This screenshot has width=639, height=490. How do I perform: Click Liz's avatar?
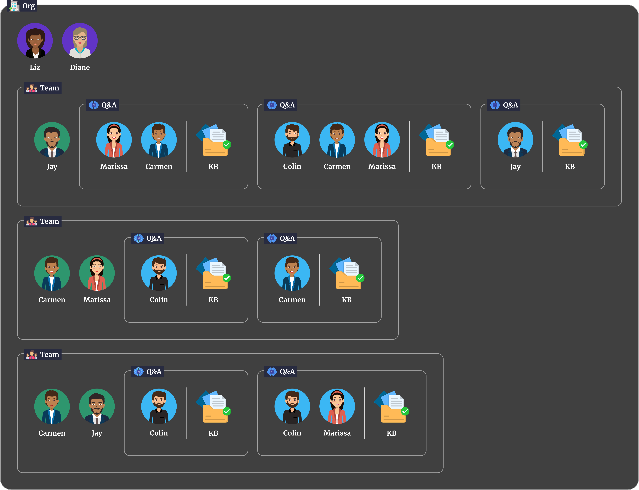click(35, 41)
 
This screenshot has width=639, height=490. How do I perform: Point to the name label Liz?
click(35, 67)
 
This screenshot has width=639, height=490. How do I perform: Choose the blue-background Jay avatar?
click(515, 140)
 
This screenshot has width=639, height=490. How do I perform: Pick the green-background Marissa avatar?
click(97, 273)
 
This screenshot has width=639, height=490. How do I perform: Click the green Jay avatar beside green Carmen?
click(97, 406)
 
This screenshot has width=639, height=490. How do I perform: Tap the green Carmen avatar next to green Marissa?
click(52, 273)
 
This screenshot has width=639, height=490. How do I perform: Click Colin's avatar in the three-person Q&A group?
click(292, 140)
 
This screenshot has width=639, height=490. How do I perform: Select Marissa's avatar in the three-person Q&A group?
click(382, 140)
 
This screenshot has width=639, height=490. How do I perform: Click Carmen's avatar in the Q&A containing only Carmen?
click(292, 273)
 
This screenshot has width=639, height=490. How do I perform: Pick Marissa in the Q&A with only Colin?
click(337, 406)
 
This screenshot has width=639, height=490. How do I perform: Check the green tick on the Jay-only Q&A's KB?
click(583, 145)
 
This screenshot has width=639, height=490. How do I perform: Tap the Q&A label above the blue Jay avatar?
click(510, 105)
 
